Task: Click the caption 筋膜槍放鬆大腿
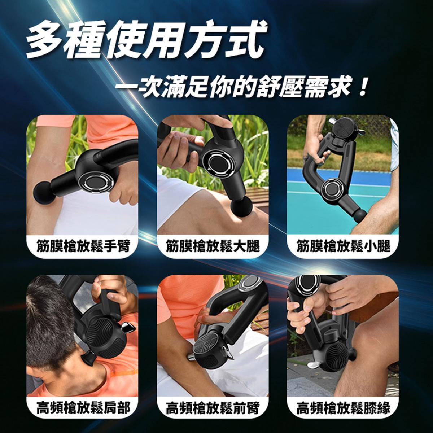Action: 213,246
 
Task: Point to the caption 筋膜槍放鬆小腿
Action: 343,246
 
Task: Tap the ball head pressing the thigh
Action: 241,206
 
